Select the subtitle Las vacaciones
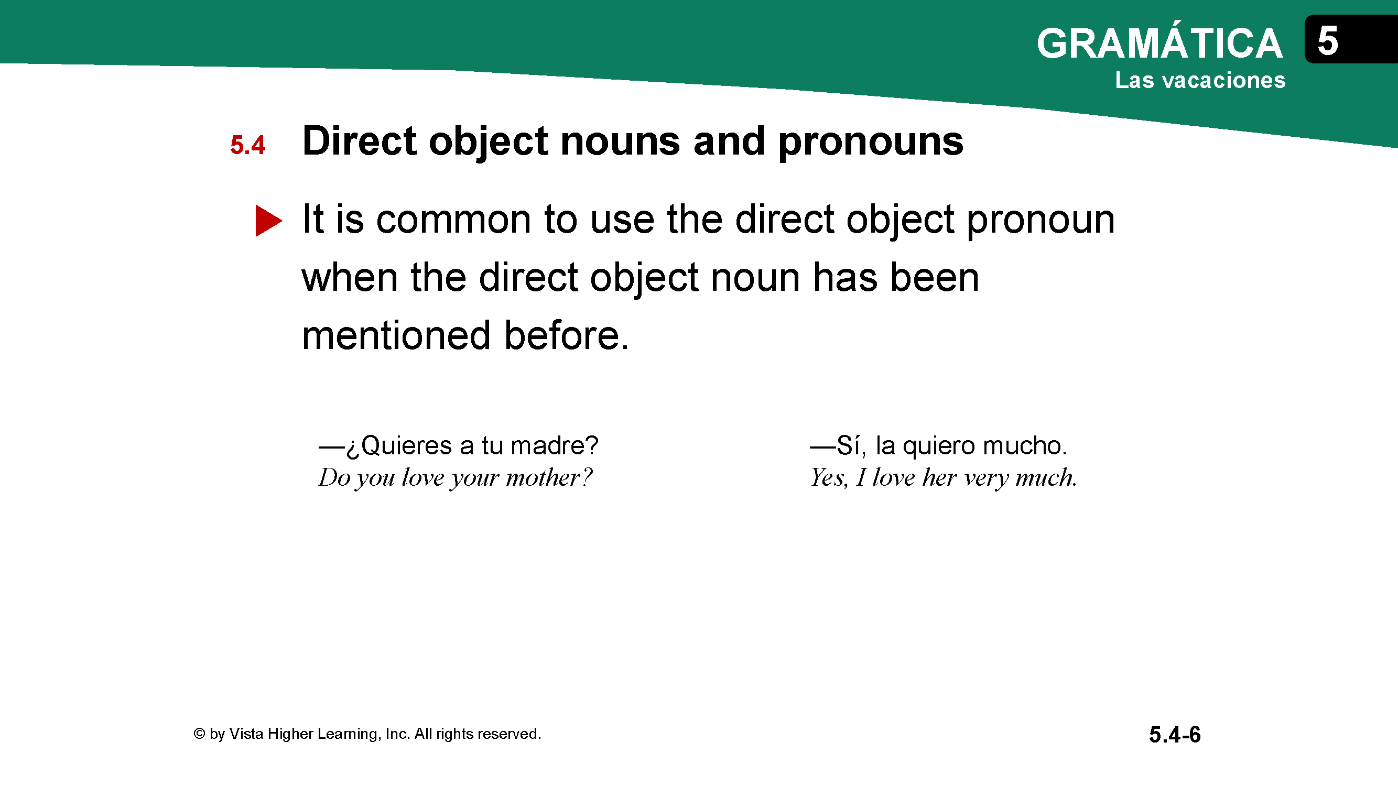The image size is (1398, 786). (x=1200, y=80)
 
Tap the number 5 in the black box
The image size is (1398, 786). (x=1327, y=41)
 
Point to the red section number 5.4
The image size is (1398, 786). (x=247, y=145)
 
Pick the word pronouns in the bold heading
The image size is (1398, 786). (x=871, y=142)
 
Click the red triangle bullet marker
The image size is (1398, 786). (x=268, y=221)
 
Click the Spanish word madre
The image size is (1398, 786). (x=554, y=445)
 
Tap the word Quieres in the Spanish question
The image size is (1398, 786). (x=406, y=445)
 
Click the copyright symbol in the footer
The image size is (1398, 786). (x=199, y=734)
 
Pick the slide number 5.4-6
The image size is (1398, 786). (x=1175, y=735)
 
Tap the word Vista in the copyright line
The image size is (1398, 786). (x=246, y=734)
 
